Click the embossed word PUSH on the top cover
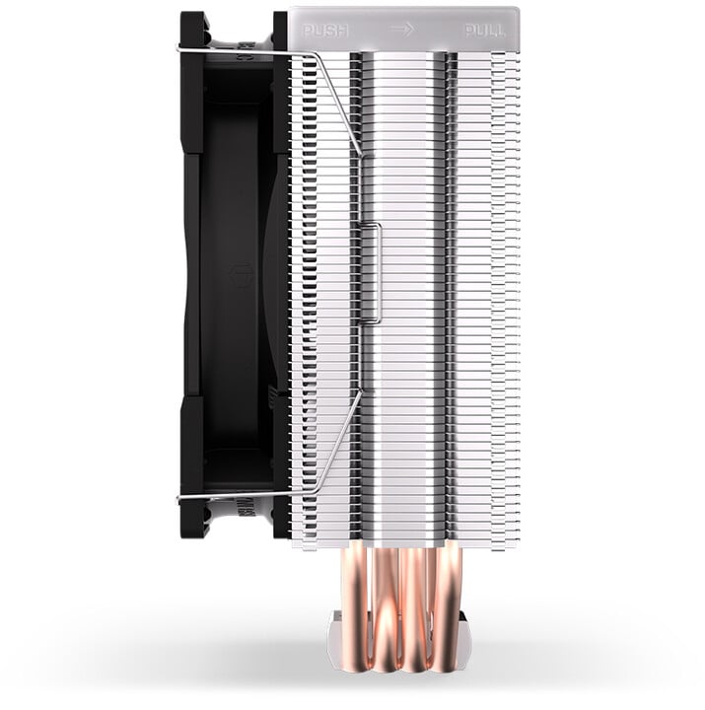point(325,31)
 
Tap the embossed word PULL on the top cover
point(485,31)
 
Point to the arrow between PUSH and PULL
point(402,30)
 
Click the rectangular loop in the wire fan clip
point(371,273)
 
